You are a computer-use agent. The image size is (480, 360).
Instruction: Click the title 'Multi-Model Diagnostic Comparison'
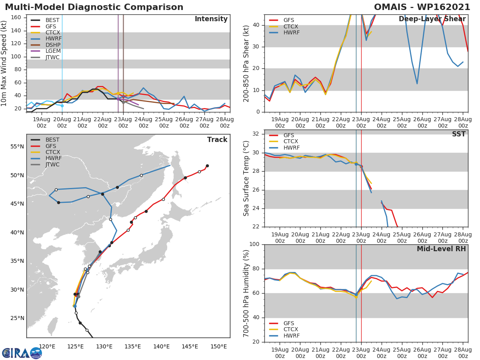click(x=94, y=7)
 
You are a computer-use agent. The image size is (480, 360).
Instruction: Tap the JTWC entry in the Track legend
click(x=52, y=164)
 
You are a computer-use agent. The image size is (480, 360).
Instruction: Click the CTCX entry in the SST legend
click(x=290, y=142)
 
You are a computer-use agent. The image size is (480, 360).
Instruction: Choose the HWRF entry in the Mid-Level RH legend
click(x=291, y=336)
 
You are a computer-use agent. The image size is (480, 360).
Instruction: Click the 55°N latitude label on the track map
click(x=17, y=146)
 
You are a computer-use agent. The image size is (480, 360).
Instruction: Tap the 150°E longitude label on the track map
click(x=218, y=346)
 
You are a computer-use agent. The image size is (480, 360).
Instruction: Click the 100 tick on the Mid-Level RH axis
click(x=254, y=244)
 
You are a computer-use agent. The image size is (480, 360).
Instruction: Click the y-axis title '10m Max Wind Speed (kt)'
click(x=4, y=64)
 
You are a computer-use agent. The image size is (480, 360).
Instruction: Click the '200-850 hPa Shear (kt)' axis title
click(x=246, y=64)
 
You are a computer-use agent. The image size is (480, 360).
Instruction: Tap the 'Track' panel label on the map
click(x=217, y=140)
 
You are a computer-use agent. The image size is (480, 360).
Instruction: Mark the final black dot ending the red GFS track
click(x=207, y=166)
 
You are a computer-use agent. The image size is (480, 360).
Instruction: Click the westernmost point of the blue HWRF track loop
click(x=49, y=196)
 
